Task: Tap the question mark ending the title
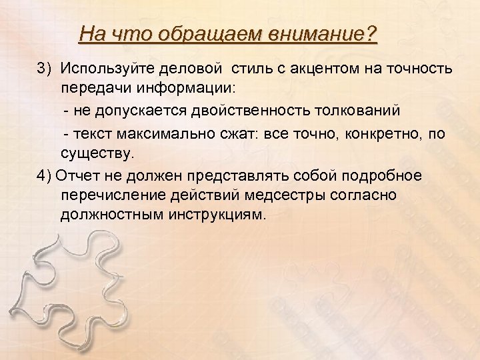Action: click(371, 33)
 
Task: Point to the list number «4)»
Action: click(45, 175)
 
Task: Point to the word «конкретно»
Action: click(376, 134)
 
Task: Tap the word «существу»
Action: click(97, 154)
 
